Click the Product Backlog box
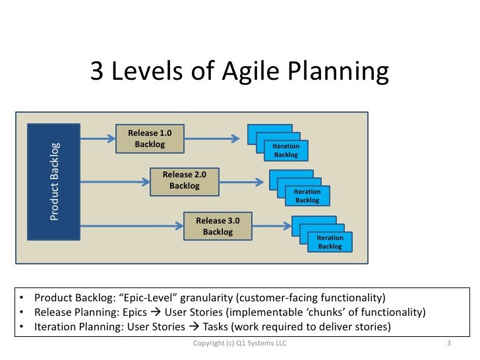[x=53, y=181]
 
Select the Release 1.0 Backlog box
[x=149, y=138]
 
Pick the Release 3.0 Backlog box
[x=218, y=226]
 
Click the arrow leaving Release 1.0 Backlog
[x=210, y=138]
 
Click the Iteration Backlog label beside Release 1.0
[x=286, y=150]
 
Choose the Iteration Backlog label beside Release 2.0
[x=307, y=196]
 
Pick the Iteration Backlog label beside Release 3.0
[x=330, y=242]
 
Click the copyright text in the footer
[x=239, y=344]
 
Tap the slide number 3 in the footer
[x=448, y=344]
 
